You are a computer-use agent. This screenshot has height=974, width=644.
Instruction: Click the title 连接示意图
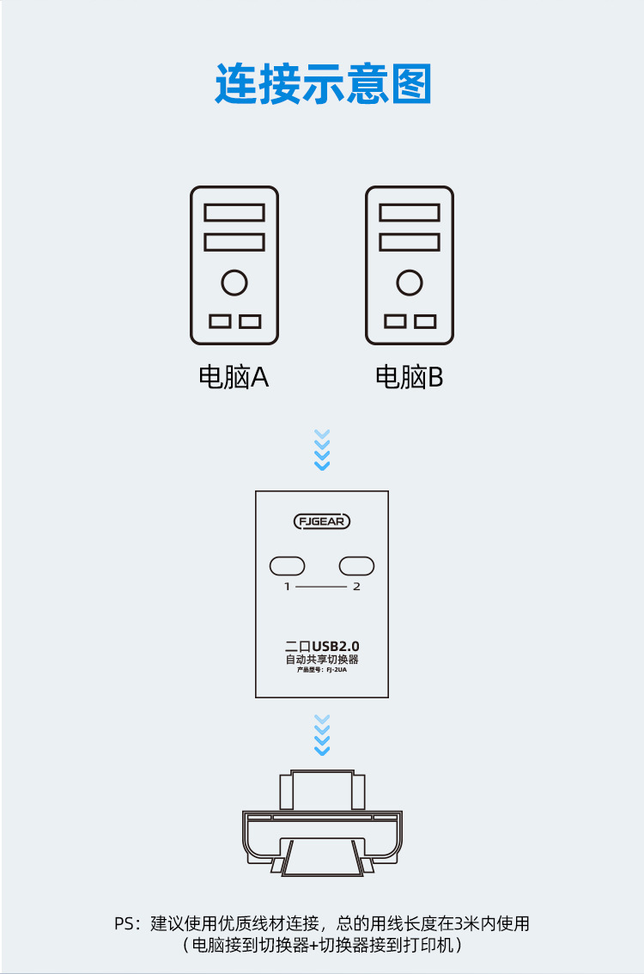click(322, 84)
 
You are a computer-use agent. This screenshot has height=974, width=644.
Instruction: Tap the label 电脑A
click(234, 377)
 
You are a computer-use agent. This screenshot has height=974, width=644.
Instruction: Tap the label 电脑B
click(410, 377)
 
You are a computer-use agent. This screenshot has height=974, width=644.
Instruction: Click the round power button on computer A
click(234, 282)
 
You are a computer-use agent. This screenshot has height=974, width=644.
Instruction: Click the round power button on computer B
click(410, 282)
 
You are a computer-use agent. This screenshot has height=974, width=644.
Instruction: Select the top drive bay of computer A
click(234, 212)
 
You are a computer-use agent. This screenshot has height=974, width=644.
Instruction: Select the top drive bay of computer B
click(410, 212)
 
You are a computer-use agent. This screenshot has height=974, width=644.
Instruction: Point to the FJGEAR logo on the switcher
click(322, 521)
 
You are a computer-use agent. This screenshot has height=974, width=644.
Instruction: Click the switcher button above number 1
click(288, 566)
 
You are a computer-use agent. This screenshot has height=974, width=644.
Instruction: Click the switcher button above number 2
click(356, 566)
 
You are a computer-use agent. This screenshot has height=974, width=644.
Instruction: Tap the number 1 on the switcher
click(288, 587)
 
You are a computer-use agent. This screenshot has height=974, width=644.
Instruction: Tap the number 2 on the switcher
click(356, 587)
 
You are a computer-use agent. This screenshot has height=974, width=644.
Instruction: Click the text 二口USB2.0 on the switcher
click(322, 645)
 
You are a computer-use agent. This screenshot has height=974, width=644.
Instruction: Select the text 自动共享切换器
click(322, 660)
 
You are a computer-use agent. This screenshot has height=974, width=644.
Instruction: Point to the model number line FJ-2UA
click(322, 671)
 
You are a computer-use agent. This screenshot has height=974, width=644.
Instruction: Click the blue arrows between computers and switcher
click(322, 450)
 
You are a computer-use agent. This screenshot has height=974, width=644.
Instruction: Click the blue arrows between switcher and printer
click(322, 735)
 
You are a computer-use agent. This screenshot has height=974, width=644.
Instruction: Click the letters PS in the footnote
click(125, 925)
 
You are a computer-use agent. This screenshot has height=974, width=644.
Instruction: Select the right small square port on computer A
click(250, 321)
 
